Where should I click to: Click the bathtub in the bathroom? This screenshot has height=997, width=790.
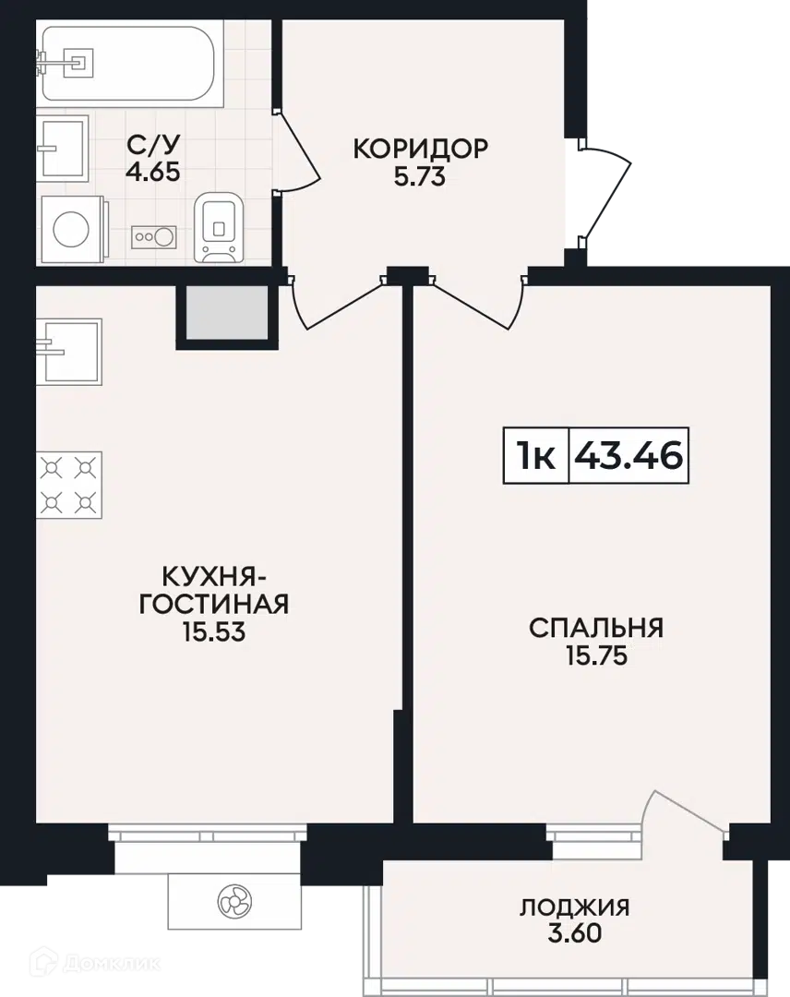[130, 63]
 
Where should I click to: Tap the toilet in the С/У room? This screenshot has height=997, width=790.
[219, 228]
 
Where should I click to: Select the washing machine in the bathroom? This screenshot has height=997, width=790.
[72, 229]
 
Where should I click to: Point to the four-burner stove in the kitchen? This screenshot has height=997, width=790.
[68, 485]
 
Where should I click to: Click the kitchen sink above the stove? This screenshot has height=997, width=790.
[68, 352]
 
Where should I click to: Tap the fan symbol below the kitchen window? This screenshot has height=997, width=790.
[234, 901]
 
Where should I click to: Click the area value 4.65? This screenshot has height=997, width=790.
[152, 173]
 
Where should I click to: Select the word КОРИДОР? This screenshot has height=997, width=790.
[420, 149]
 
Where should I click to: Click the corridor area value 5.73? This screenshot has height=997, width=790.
[420, 176]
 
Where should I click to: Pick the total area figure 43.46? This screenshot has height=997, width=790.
[628, 456]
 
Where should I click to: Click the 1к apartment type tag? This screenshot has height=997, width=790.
[536, 456]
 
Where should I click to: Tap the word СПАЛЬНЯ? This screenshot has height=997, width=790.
[596, 629]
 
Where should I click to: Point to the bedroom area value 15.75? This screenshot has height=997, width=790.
[597, 655]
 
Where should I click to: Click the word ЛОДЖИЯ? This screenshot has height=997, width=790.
[575, 907]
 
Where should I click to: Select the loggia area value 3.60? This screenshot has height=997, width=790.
[575, 933]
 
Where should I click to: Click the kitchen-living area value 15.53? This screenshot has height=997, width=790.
[214, 632]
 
